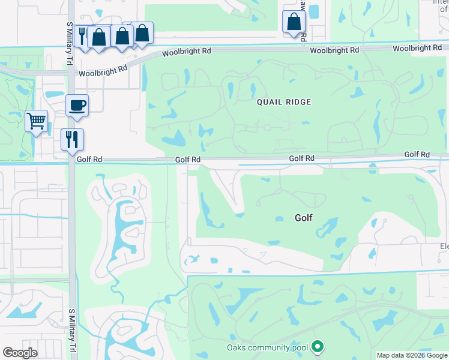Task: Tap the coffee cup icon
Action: [x=77, y=106]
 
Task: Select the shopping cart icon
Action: [x=36, y=121]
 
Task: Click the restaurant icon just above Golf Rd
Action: [x=72, y=139]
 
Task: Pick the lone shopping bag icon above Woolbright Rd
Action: [x=294, y=22]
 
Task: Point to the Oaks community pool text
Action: [x=267, y=347]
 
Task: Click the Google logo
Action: [x=20, y=353]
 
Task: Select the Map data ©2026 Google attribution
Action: [x=412, y=355]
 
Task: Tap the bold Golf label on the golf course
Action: [x=304, y=218]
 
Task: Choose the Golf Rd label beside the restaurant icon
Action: [x=89, y=159]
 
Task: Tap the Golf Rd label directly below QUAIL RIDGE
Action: [x=301, y=158]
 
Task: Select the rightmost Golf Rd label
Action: [x=417, y=154]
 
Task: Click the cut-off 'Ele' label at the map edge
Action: [x=444, y=246]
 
